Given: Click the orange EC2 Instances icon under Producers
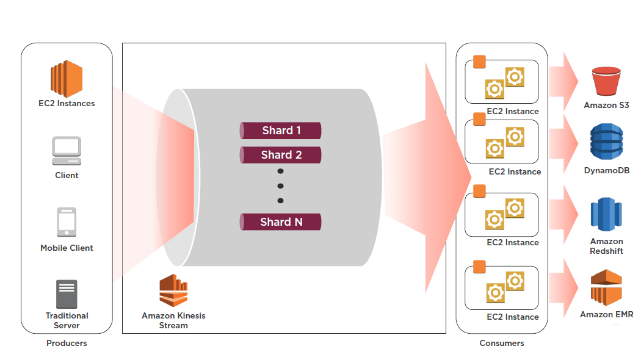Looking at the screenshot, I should pos(67,78).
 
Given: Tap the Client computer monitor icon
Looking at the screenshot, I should pos(67,151).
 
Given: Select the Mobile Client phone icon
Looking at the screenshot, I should pos(67,222).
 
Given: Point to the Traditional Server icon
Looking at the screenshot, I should pos(67,294).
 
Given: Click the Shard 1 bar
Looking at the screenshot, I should pos(281,131).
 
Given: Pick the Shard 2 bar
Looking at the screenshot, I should pos(281,155).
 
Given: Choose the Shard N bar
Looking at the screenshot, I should pos(281,221).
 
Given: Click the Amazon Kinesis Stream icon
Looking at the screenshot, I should pos(173,290).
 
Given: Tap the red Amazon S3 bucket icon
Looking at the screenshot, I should pos(606,82).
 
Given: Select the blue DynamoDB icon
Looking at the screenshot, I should pos(606,142).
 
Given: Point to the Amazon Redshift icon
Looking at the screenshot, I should pos(606,215).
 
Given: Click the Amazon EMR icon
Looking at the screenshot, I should pos(606,288).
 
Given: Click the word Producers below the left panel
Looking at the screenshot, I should pos(67,344).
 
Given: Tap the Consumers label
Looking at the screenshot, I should pos(502,344).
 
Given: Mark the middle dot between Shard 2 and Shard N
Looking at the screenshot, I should pos(281,186).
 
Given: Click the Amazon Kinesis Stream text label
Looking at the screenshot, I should pos(173,320).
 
